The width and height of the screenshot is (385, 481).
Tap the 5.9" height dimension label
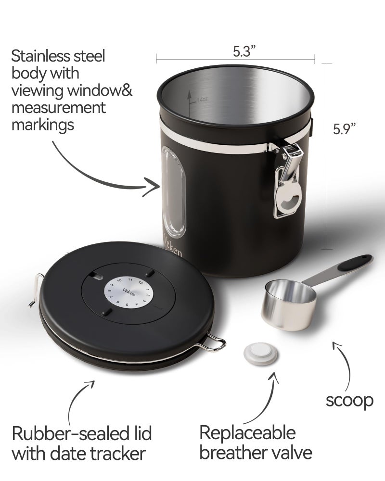(x=346, y=128)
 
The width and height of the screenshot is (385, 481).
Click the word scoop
(x=349, y=400)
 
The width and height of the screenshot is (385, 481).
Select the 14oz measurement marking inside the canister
(x=202, y=100)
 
